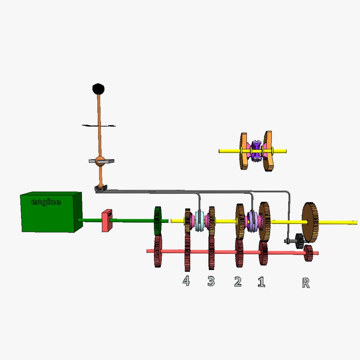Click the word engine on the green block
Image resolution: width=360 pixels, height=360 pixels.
[46, 202]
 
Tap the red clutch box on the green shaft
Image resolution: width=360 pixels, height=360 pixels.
[107, 220]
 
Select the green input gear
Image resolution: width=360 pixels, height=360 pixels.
[157, 220]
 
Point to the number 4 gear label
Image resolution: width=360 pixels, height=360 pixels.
[186, 281]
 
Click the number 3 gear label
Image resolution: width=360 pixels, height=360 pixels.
[211, 281]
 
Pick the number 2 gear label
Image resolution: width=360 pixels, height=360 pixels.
[238, 282]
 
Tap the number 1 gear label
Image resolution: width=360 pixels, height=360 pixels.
[261, 282]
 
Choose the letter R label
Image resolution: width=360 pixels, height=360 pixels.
[306, 283]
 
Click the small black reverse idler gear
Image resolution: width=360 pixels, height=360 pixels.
[298, 241]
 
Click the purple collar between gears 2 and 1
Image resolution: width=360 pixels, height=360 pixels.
[252, 221]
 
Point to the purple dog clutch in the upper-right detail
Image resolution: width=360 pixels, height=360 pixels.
[256, 151]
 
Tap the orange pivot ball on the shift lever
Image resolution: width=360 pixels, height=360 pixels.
[101, 160]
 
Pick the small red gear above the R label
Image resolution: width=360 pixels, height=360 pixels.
[308, 253]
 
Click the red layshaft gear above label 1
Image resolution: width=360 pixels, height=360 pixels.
[263, 252]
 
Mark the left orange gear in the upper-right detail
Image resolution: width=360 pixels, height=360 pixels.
[244, 151]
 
